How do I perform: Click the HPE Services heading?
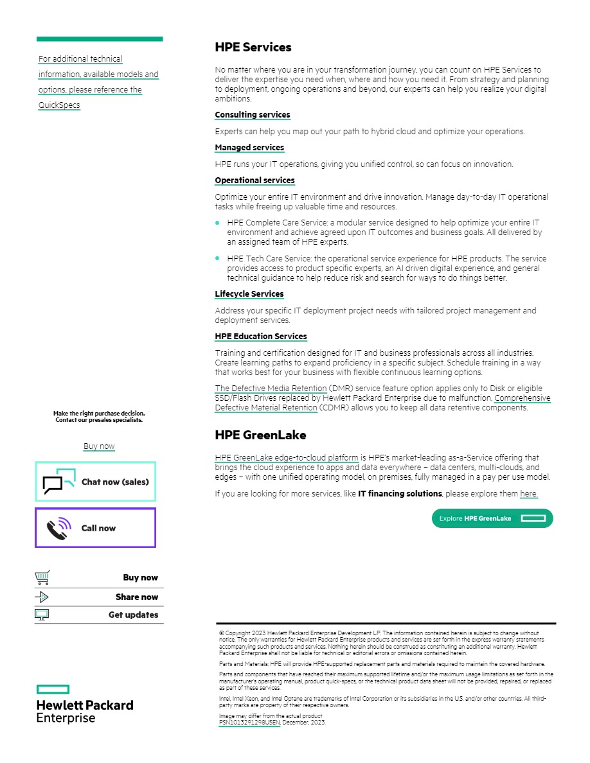point(253,48)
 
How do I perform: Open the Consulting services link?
point(252,115)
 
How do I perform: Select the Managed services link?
point(249,148)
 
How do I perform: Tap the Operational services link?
point(255,180)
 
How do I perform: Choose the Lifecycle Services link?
point(249,294)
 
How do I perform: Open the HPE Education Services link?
point(260,337)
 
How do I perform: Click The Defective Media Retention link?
point(271,389)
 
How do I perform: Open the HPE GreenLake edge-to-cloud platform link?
point(287,458)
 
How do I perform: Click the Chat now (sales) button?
point(95,482)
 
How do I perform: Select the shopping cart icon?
point(42,578)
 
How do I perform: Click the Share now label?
point(136,597)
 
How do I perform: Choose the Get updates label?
point(133,615)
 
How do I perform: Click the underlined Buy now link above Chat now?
point(99,446)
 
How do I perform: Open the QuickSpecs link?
point(59,105)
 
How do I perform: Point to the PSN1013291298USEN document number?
point(249,723)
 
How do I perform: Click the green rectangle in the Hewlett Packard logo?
point(53,689)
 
